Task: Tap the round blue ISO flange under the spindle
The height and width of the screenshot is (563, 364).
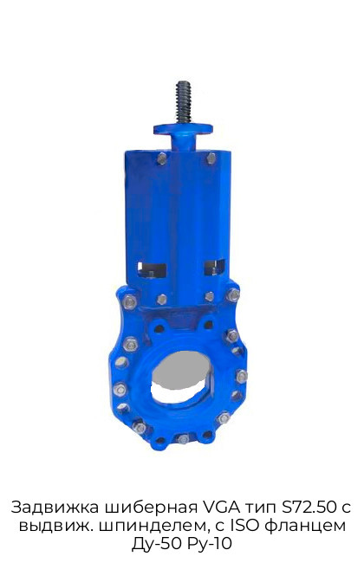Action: click(x=183, y=129)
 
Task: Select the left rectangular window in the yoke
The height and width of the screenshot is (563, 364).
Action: click(x=152, y=270)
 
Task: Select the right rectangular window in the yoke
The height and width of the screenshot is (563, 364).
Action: click(x=214, y=268)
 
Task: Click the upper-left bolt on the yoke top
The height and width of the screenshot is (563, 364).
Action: click(x=162, y=159)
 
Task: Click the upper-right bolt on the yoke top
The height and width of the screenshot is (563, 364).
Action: click(x=211, y=159)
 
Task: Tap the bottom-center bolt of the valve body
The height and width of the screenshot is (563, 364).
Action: click(x=183, y=439)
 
